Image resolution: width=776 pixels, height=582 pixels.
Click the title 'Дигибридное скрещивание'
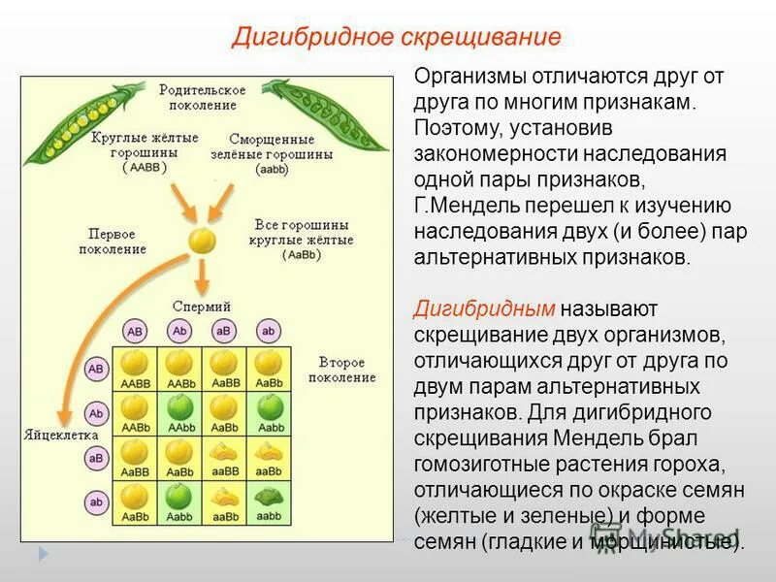[x=396, y=38]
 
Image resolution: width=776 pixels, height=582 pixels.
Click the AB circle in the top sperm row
[x=136, y=331]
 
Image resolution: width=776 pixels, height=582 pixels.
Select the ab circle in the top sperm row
[x=269, y=331]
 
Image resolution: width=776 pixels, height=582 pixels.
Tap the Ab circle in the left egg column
[x=96, y=413]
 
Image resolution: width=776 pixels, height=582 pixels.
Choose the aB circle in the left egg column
[x=96, y=457]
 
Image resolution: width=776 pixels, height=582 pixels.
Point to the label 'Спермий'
[x=201, y=304]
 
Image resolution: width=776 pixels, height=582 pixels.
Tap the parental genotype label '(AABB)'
[x=145, y=167]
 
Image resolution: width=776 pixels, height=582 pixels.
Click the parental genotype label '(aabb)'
[x=271, y=169]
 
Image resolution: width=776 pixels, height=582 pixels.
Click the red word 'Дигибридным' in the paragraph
[x=484, y=309]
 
